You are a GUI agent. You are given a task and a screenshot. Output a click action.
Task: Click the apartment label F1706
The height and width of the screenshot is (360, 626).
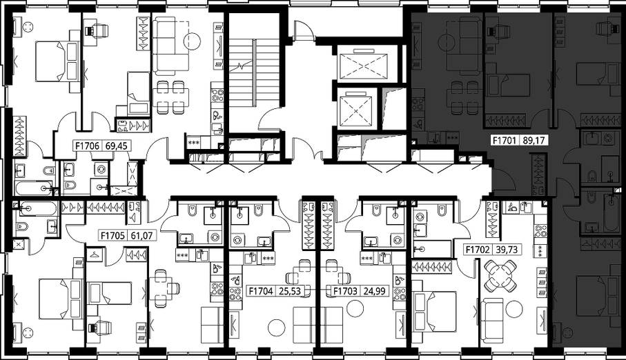point(88,146)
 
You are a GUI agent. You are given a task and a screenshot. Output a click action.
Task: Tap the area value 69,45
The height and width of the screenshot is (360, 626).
point(116,146)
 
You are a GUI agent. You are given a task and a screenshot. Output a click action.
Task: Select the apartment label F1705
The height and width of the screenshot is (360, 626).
point(113,236)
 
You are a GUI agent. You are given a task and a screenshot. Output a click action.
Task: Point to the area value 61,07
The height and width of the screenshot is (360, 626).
point(141,236)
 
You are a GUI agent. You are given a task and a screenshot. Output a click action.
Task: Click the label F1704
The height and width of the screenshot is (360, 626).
point(261,291)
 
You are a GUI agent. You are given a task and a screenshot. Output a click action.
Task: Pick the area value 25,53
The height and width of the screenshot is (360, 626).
point(289,291)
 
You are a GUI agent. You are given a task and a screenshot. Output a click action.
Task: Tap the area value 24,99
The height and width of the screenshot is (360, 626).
point(374,291)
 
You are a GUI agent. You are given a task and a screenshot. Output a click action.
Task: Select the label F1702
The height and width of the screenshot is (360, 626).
point(478,250)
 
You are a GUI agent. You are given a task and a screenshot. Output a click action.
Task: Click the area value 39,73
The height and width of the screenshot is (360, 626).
point(506,250)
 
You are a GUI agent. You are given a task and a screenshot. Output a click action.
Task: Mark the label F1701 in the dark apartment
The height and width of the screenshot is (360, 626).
point(505,140)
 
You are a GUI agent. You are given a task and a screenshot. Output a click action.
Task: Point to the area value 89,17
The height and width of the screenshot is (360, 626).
point(534,140)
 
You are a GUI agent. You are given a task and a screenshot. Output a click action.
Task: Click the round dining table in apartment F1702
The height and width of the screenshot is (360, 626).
point(500,275)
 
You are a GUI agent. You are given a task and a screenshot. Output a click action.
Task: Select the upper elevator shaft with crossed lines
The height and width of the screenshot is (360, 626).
point(363,64)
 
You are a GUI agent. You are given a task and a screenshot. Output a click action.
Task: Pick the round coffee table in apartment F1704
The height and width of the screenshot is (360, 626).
point(276,328)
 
